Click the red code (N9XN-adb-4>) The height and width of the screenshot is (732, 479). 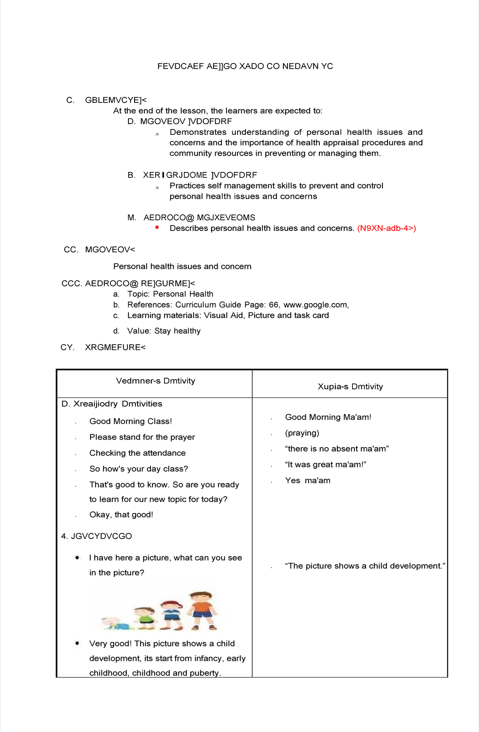[386, 228]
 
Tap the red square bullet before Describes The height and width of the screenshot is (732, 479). [157, 227]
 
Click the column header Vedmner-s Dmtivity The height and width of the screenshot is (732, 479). [155, 381]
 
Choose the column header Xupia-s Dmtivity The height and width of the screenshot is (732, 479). [350, 387]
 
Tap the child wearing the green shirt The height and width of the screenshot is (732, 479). [144, 618]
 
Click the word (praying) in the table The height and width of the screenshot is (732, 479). [302, 433]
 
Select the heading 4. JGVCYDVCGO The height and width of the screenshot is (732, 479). [97, 536]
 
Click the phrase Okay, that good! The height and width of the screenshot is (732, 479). [121, 515]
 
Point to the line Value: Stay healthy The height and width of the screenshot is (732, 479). [164, 331]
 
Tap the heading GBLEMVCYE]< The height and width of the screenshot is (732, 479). [116, 100]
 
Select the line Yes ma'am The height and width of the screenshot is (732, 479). [307, 481]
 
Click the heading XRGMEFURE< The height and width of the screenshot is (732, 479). [115, 347]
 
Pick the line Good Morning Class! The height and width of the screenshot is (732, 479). [131, 421]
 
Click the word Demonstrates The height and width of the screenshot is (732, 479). [198, 132]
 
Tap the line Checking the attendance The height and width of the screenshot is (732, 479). [137, 453]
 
